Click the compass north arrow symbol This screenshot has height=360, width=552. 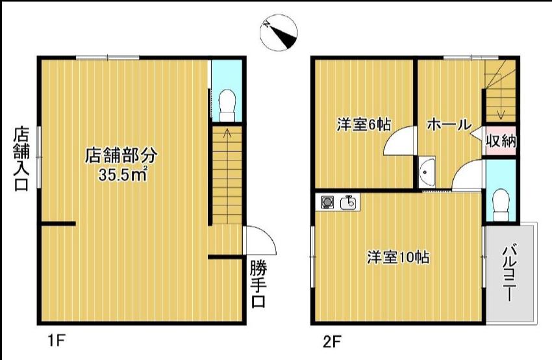[x=279, y=32]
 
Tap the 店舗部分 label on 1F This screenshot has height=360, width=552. [x=121, y=155]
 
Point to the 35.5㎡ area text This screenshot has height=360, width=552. [x=123, y=174]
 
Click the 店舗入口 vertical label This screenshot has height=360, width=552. [x=21, y=159]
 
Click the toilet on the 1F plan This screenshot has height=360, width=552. [x=227, y=105]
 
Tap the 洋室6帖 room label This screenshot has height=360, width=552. [x=364, y=124]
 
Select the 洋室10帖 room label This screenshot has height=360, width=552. [x=398, y=257]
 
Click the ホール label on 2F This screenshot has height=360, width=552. [x=449, y=124]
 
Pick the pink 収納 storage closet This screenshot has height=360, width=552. [x=501, y=141]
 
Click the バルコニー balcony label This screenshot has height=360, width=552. [x=509, y=274]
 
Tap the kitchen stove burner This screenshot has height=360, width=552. [x=327, y=203]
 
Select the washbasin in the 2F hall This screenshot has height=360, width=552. [x=427, y=172]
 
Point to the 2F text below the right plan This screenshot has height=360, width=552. [x=332, y=341]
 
